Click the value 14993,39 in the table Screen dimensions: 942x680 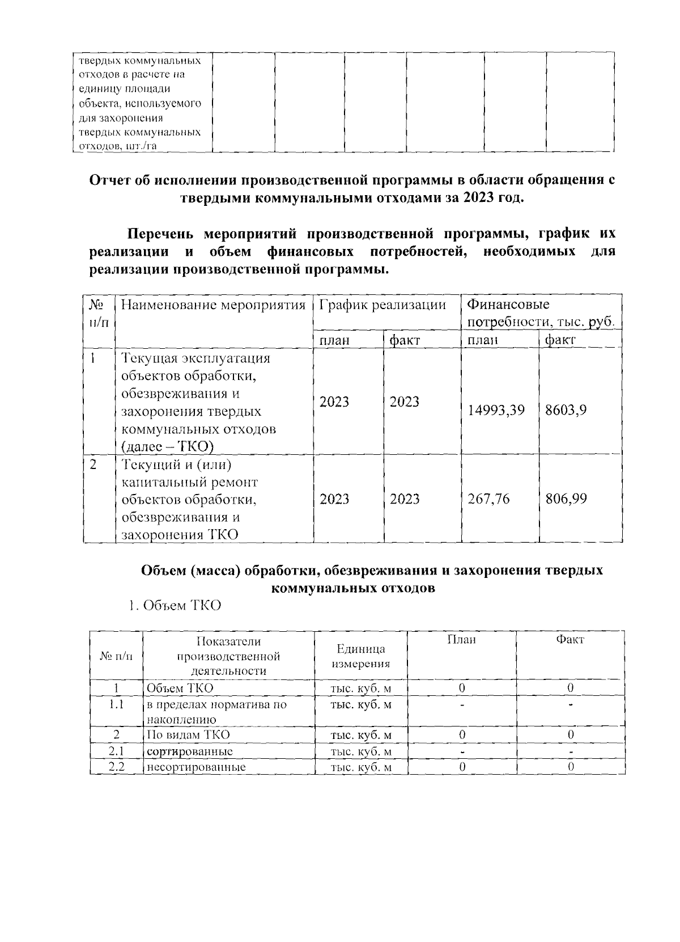496,410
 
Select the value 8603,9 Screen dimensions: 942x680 566,410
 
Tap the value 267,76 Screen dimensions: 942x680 488,499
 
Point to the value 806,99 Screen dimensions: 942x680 566,499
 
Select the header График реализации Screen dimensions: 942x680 382,306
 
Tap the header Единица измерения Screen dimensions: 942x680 361,656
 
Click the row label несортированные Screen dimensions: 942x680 195,767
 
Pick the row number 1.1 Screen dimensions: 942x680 116,705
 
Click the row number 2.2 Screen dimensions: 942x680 116,767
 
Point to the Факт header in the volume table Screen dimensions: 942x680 570,640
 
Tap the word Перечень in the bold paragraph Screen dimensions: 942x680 160,234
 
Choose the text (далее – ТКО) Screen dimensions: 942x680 167,447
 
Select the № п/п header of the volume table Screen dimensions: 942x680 116,656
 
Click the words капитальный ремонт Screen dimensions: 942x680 190,482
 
